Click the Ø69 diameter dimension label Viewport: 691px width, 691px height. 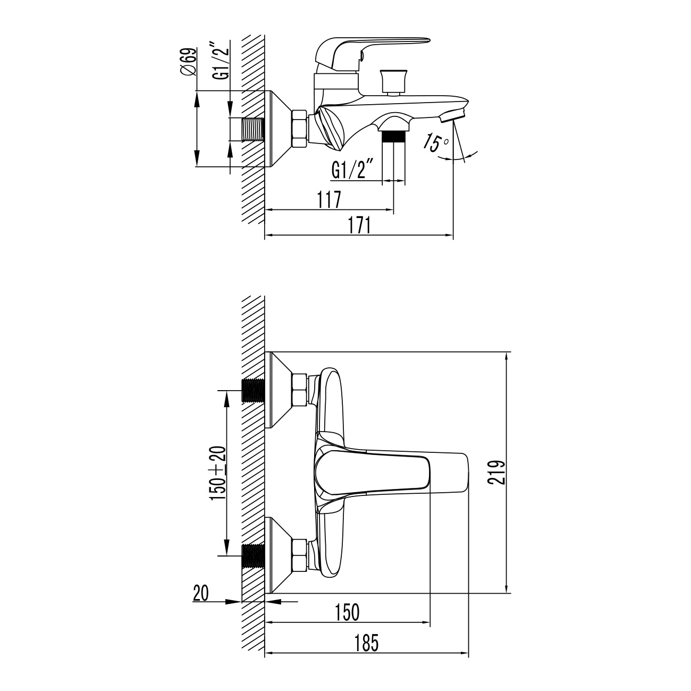[190, 62]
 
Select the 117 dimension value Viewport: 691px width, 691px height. [328, 200]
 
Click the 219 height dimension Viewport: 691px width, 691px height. [497, 472]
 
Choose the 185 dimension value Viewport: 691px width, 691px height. [366, 643]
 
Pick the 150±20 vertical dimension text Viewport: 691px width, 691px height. [218, 474]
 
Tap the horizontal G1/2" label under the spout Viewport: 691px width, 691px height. [353, 170]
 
